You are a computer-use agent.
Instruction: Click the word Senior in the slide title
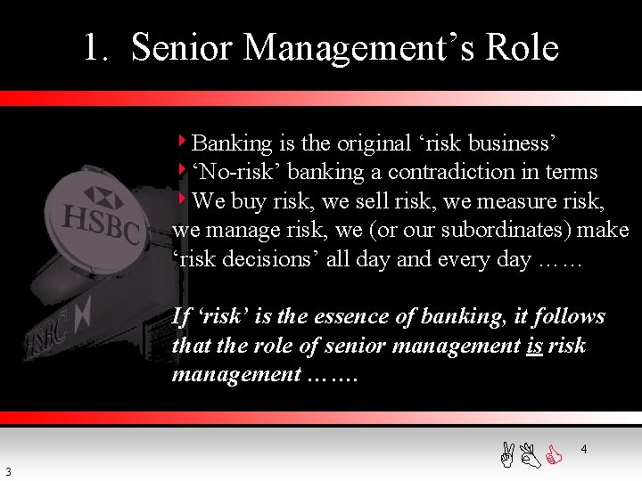(x=182, y=47)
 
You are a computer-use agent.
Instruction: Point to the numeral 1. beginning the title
(x=96, y=48)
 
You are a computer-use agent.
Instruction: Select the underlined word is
(x=535, y=346)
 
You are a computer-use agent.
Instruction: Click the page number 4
(x=583, y=450)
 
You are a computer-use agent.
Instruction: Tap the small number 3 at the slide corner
(x=8, y=471)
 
